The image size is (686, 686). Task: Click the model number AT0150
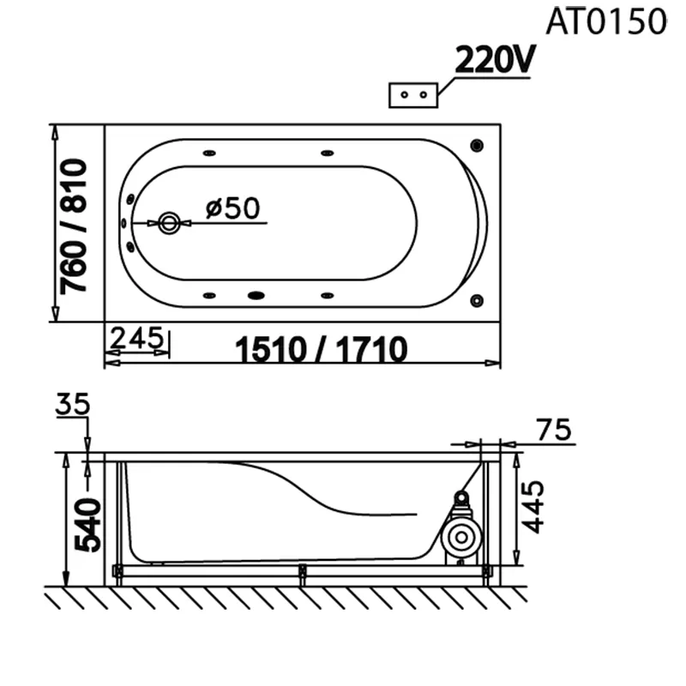click(x=606, y=21)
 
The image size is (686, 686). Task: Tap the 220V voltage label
click(x=495, y=59)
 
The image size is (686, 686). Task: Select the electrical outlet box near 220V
click(x=413, y=95)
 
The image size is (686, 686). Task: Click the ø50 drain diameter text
click(x=232, y=208)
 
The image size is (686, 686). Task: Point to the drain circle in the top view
click(x=169, y=223)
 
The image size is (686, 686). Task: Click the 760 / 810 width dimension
click(x=74, y=226)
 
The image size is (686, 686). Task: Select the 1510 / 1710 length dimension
click(x=321, y=350)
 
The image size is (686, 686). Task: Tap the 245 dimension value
click(x=136, y=337)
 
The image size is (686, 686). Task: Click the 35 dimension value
click(x=73, y=404)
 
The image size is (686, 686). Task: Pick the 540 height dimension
click(x=87, y=525)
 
